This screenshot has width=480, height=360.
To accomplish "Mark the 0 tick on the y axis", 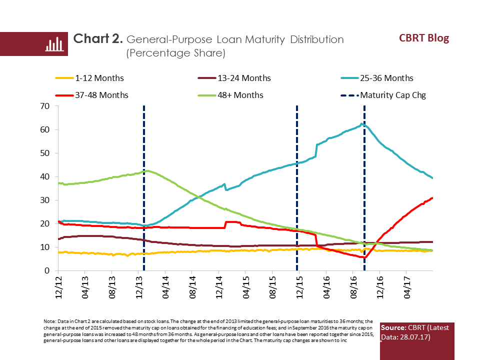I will [47, 270].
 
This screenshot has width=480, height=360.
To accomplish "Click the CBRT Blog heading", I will [423, 38].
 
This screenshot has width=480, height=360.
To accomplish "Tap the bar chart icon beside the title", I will [53, 44].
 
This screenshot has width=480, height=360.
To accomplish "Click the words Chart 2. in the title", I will [98, 39].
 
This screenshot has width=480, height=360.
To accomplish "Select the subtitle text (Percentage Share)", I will [175, 52].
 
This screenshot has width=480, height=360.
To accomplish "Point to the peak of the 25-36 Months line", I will [361, 124].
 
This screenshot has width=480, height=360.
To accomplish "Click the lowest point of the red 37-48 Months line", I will [364, 257].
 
